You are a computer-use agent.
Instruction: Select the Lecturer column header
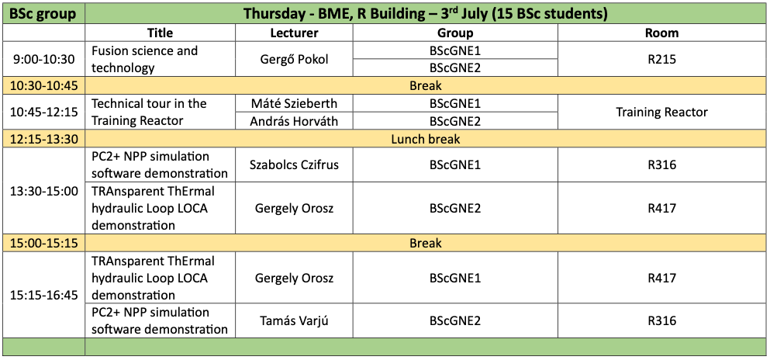294,33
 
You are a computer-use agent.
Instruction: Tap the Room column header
662,33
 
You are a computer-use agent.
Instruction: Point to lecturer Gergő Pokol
294,59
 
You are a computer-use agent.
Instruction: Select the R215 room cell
662,59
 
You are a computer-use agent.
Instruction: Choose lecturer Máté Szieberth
294,104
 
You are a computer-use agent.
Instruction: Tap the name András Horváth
294,121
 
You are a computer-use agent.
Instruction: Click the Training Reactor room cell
662,112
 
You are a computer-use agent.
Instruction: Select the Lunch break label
426,139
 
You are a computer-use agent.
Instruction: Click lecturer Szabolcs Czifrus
294,165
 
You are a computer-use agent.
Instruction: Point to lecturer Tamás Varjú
294,321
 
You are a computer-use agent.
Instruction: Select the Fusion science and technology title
145,59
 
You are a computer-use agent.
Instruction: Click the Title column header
160,33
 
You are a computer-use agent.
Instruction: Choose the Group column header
455,33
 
